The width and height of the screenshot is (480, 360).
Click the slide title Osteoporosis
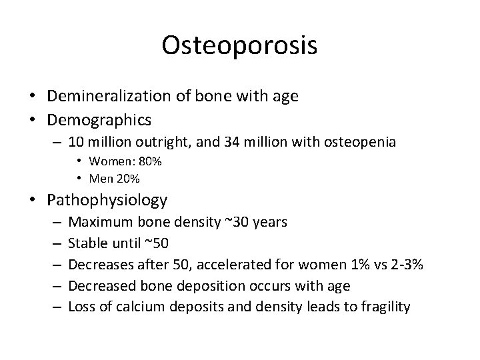(239, 45)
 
